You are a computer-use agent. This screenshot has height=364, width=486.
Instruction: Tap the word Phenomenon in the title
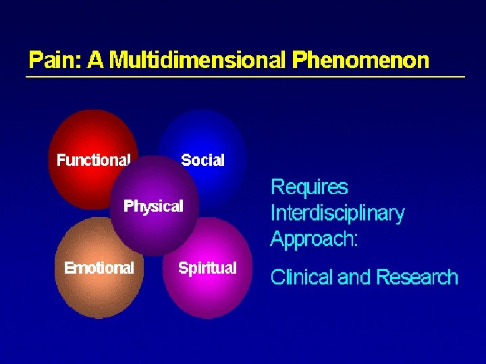[x=360, y=61]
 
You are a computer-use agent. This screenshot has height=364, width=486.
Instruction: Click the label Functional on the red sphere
[x=93, y=160]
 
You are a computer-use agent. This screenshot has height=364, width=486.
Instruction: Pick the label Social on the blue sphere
[x=202, y=160]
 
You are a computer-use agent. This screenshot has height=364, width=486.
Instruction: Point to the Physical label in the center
[x=153, y=206]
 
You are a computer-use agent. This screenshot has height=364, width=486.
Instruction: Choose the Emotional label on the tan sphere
[x=99, y=268]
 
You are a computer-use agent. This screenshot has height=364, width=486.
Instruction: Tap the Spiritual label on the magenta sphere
[x=207, y=268]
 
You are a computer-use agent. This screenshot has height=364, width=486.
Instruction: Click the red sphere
[x=88, y=135]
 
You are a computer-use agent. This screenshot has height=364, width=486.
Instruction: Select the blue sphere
[x=202, y=135]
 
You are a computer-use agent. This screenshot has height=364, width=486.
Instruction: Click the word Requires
[x=309, y=187]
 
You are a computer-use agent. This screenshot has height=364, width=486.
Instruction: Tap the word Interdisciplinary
[x=337, y=214]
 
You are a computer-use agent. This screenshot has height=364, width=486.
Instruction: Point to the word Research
[x=416, y=277]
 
